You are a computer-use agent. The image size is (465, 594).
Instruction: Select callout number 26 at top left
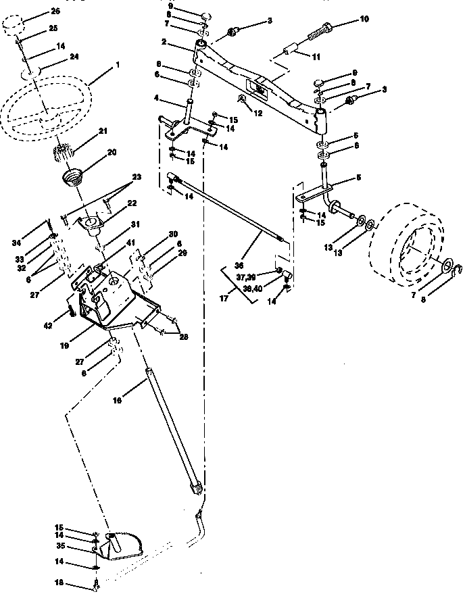tap(55, 11)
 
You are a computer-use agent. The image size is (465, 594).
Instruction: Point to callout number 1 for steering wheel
tap(117, 64)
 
